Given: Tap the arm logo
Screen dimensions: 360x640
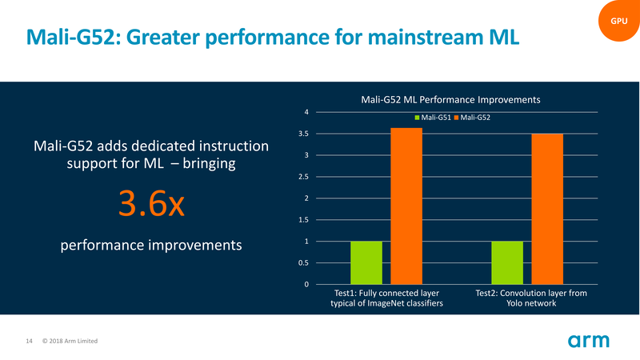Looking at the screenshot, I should [589, 342].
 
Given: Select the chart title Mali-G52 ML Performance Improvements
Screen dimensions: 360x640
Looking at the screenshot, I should [451, 99].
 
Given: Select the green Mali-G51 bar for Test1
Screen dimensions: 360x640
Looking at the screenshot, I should [366, 262].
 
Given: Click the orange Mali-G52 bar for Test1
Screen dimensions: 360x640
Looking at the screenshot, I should [406, 206].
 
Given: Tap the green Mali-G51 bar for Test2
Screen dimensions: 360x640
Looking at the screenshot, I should [506, 262].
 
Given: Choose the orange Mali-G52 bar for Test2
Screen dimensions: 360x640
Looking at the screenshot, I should [547, 209].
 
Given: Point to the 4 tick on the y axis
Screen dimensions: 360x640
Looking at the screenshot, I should [306, 112].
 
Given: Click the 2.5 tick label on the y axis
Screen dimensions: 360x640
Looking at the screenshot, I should [303, 177].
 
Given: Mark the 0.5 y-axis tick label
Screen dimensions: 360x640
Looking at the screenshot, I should [303, 263].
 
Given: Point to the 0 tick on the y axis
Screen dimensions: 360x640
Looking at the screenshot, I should [306, 285].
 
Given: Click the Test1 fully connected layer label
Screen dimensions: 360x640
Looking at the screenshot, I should [386, 298].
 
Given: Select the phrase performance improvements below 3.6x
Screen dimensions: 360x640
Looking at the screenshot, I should [151, 244].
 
